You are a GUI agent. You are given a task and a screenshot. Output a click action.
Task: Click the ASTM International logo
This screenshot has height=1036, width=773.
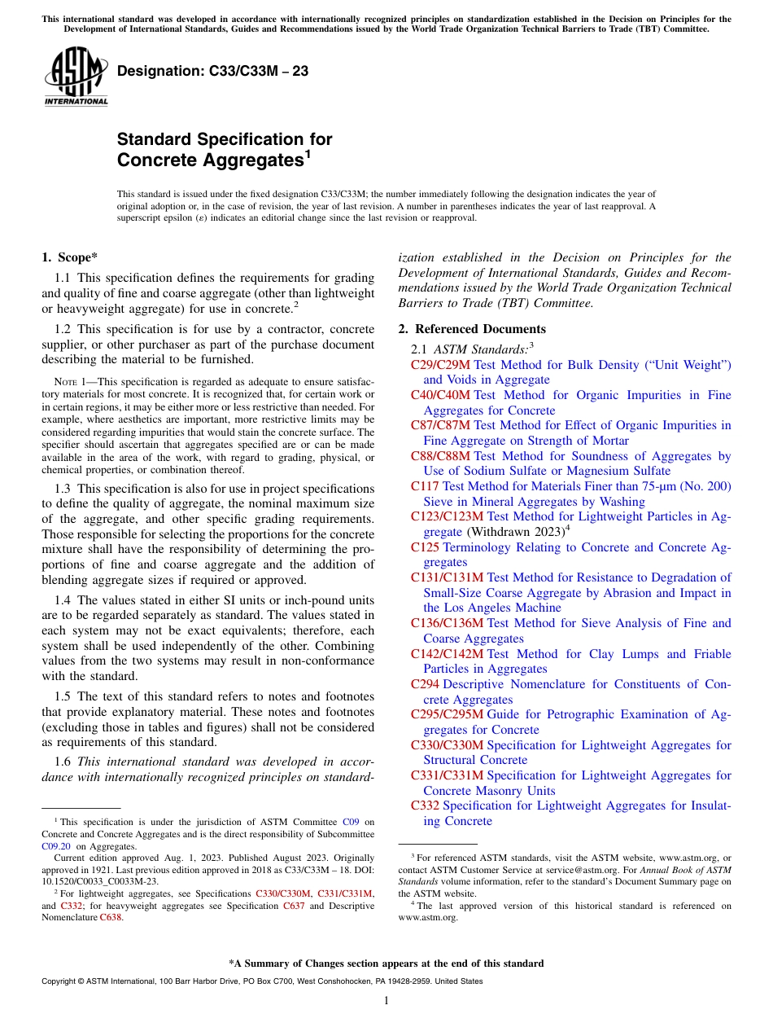click(75, 77)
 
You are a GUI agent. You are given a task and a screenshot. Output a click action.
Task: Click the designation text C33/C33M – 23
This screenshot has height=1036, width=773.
click(212, 71)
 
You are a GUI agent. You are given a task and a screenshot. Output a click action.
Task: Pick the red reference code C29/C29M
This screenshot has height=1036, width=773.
click(440, 365)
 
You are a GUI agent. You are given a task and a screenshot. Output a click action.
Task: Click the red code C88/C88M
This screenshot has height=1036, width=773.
click(440, 456)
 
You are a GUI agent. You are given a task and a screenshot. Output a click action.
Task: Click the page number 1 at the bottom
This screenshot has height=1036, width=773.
click(386, 1001)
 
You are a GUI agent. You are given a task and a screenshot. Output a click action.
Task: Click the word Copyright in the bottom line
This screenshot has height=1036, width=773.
click(61, 981)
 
